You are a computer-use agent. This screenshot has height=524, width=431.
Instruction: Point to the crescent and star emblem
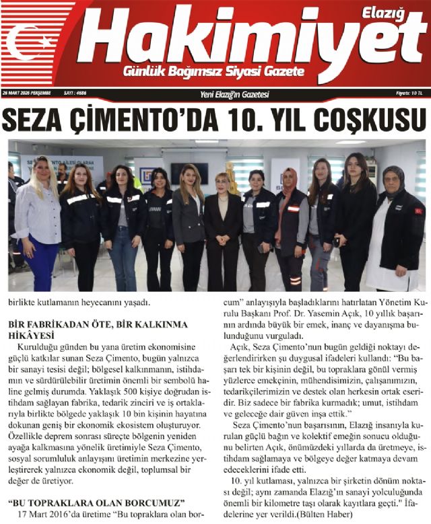[30, 41]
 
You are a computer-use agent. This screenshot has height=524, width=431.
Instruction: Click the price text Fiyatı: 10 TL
[411, 94]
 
